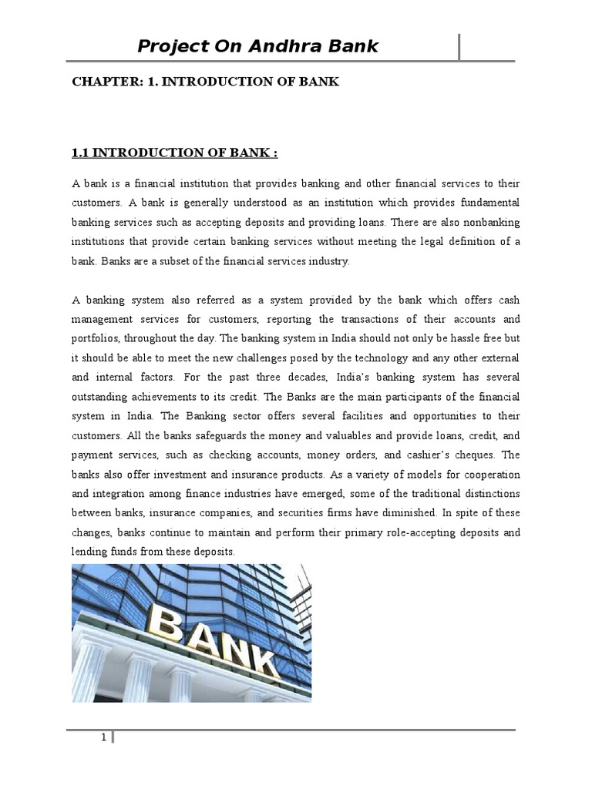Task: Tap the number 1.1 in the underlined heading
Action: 81,153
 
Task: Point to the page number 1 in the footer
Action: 103,738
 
